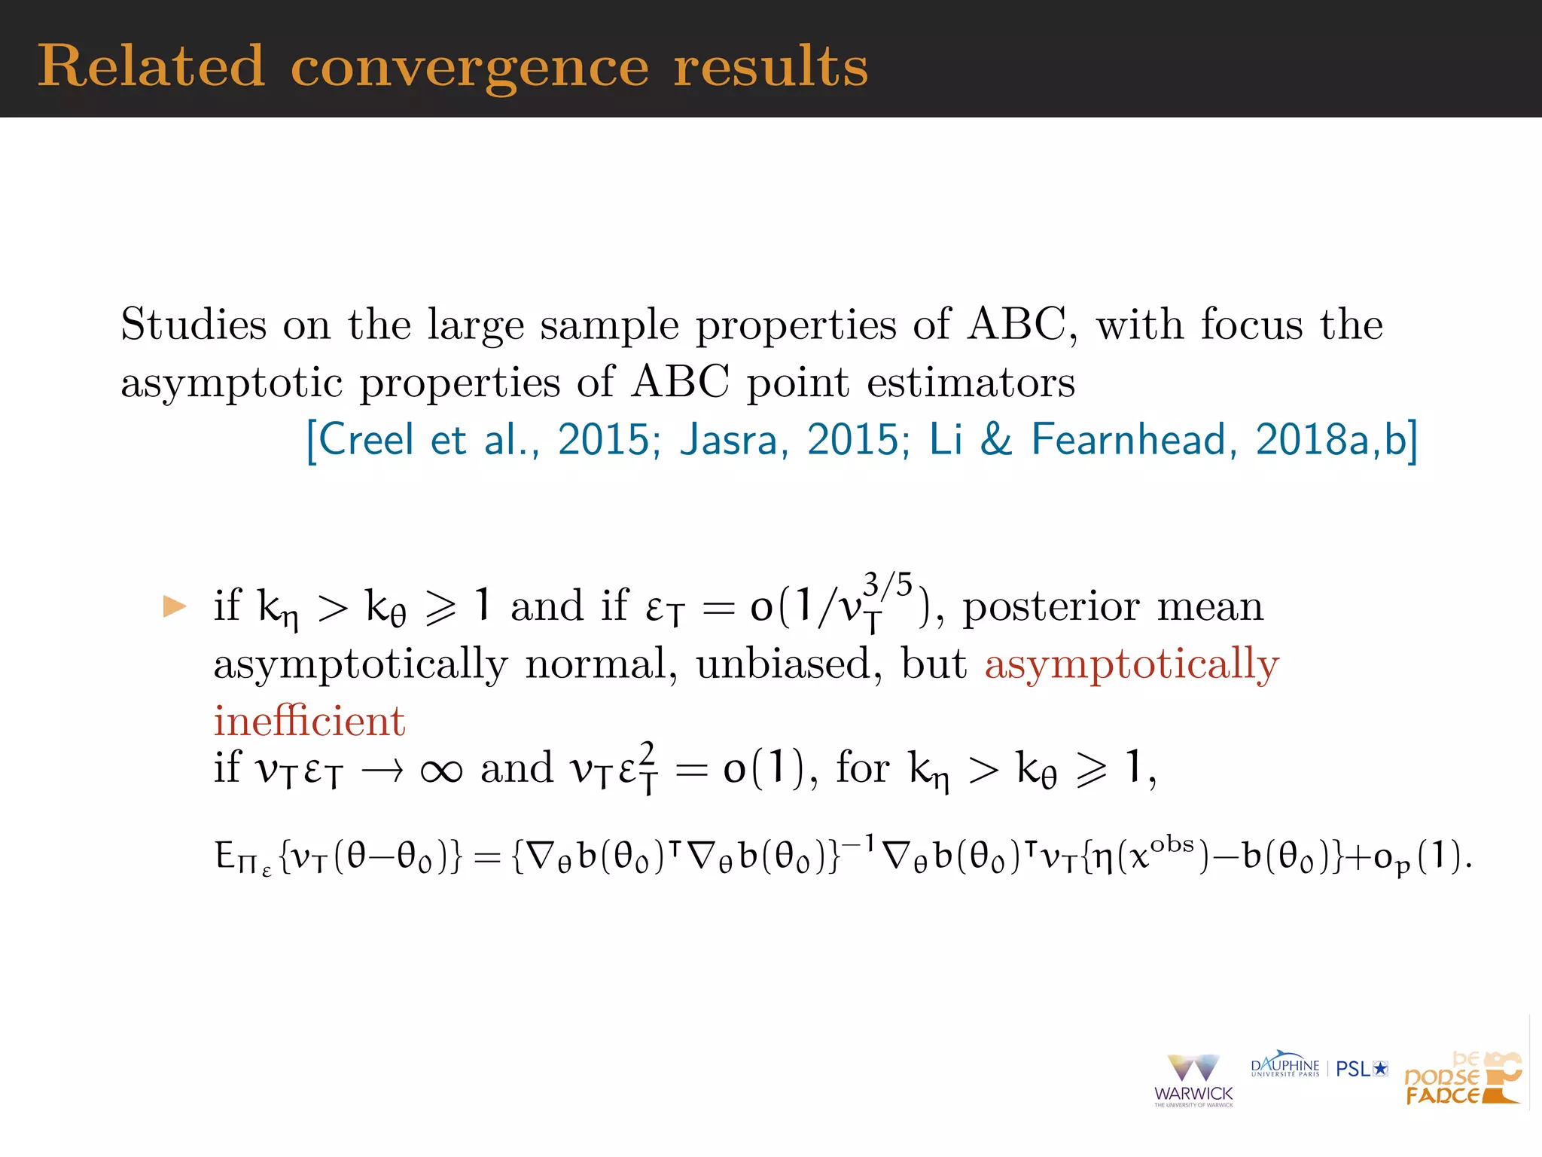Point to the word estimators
click(971, 382)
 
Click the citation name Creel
click(366, 439)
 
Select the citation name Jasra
click(727, 439)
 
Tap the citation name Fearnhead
click(1129, 439)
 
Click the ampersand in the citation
click(995, 439)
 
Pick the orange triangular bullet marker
click(175, 606)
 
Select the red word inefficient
click(309, 721)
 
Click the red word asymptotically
click(1132, 664)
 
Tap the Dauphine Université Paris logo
click(1284, 1066)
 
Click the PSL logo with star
click(1361, 1068)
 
